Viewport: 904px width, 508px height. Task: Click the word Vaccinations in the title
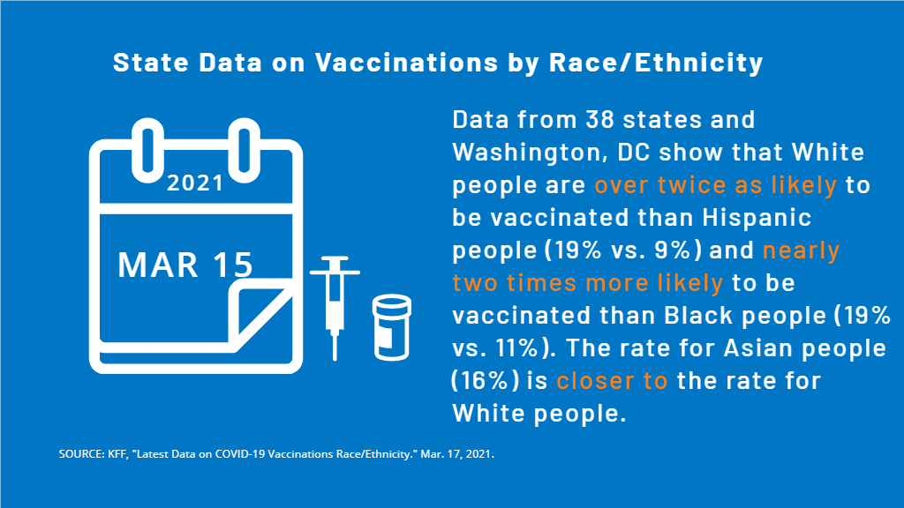click(x=406, y=63)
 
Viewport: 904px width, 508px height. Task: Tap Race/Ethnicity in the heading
click(x=656, y=63)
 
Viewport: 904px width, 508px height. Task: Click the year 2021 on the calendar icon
click(x=195, y=183)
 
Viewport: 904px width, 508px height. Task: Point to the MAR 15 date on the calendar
click(x=185, y=265)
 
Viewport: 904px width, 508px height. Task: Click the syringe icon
click(x=335, y=308)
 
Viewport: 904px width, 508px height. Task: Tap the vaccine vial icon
click(x=391, y=327)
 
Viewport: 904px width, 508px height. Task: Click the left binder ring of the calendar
click(x=147, y=150)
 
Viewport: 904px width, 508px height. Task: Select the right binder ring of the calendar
click(x=244, y=150)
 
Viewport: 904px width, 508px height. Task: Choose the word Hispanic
click(x=757, y=219)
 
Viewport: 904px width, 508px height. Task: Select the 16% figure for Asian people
click(x=486, y=381)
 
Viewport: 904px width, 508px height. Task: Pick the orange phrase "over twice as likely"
click(x=715, y=185)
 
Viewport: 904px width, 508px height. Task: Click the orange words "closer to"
click(x=612, y=381)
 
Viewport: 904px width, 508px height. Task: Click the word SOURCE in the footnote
click(x=80, y=454)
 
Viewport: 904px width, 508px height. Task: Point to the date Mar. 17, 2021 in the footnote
click(x=457, y=454)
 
